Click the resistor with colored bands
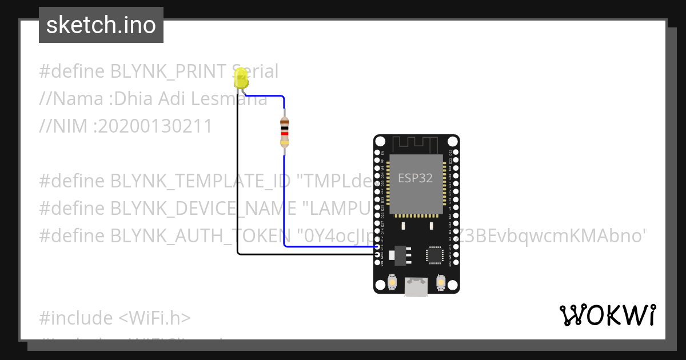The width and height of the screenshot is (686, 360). click(x=285, y=132)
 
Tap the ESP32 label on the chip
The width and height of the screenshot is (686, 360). click(x=416, y=178)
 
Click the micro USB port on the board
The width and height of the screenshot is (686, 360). click(x=416, y=286)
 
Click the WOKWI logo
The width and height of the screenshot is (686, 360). click(x=607, y=315)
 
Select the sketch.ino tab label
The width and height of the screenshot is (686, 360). click(x=101, y=25)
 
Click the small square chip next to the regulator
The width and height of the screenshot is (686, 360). click(x=434, y=255)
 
